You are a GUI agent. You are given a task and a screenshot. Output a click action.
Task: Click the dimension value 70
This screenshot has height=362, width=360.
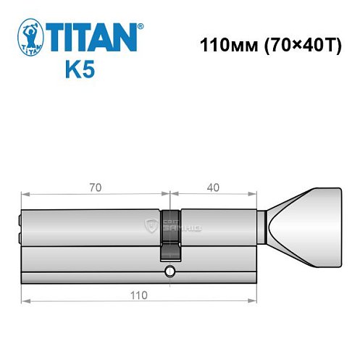(95, 187)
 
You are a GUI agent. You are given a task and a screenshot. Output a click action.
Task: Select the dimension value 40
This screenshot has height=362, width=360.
(213, 187)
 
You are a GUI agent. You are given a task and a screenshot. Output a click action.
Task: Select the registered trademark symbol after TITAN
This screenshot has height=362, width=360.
(141, 25)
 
